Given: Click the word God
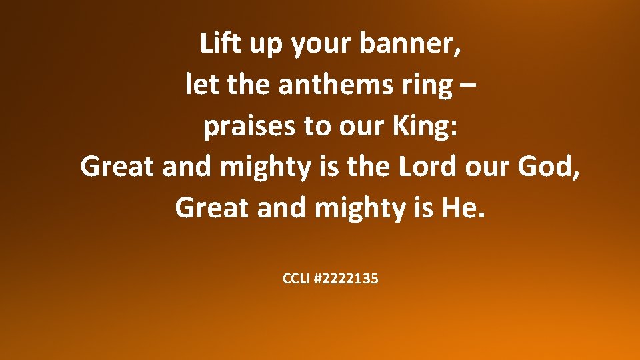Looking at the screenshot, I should pos(551,167).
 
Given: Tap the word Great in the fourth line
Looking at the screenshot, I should pos(117,167).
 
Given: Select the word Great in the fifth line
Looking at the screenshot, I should pos(211,208).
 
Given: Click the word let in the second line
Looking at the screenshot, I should pos(197,85).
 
